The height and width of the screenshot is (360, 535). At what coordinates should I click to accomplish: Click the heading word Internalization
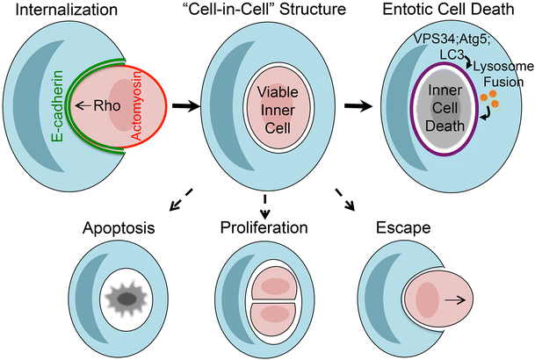[69, 12]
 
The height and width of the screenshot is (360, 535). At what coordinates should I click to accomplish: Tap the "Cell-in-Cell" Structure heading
[266, 12]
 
